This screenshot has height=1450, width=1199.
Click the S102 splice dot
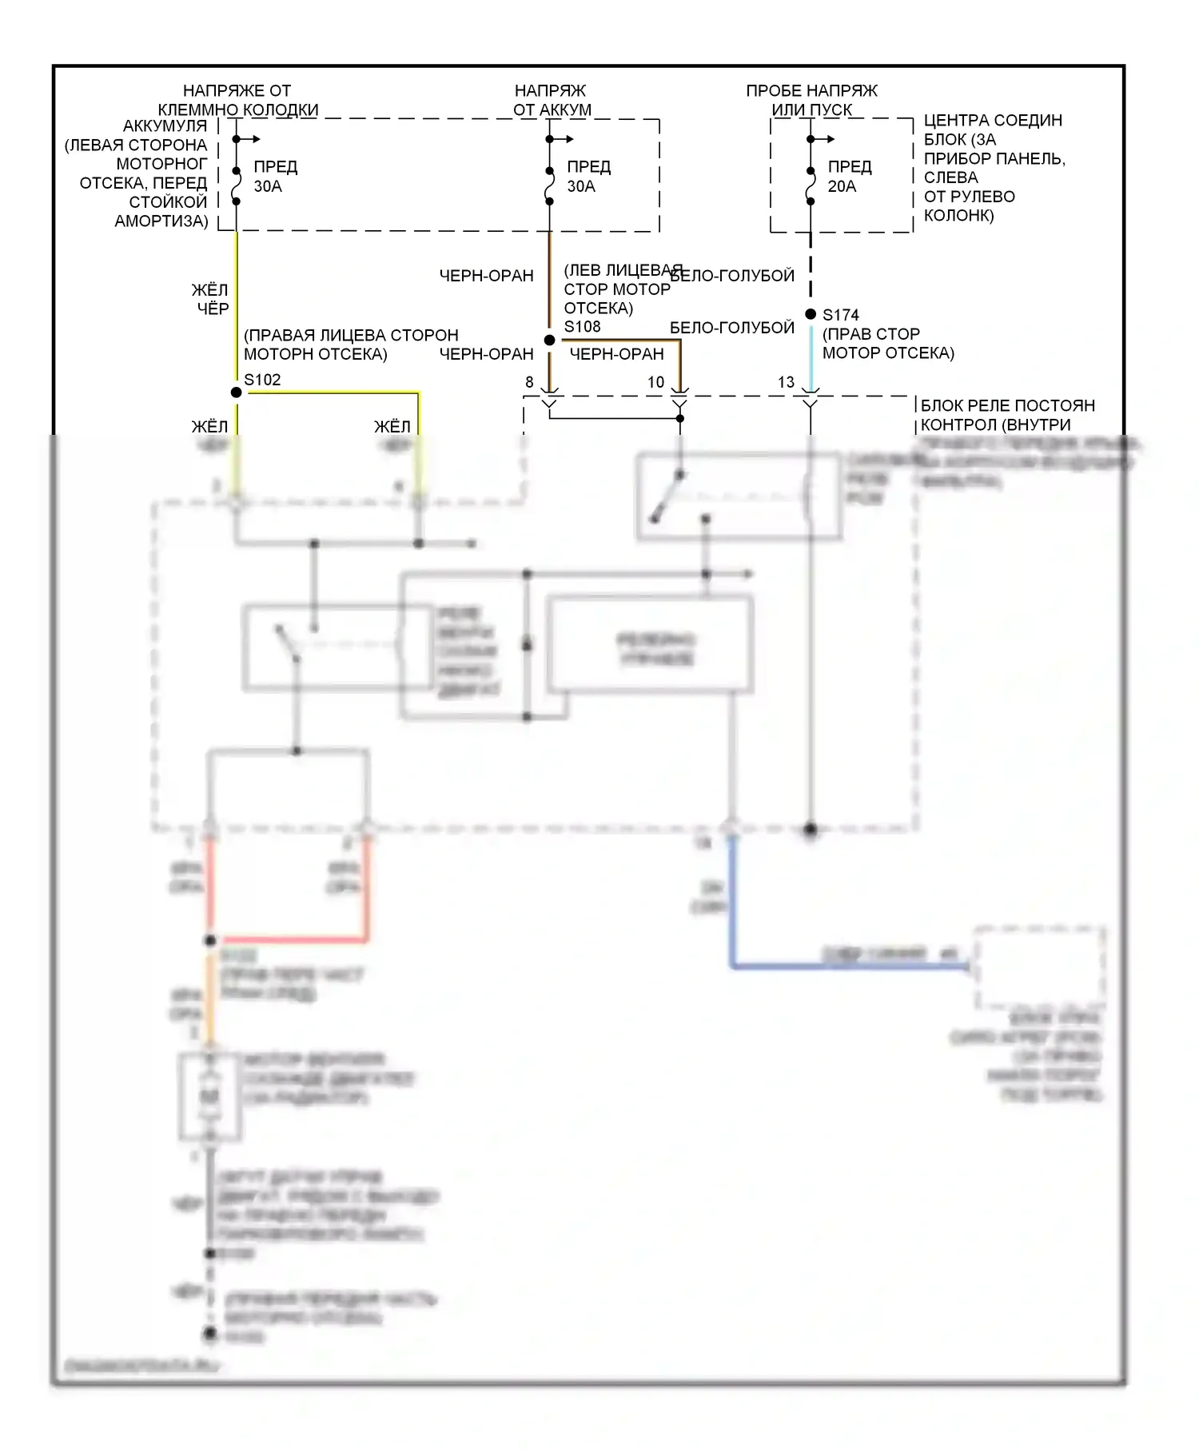236,392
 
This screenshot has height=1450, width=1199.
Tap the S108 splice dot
549,341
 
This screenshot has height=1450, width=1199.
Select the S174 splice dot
811,314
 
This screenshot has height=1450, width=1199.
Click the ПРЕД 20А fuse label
849,177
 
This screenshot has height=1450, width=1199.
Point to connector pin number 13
786,383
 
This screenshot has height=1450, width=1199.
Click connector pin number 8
529,383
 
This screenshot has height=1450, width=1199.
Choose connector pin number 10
655,383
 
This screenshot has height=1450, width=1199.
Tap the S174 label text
840,315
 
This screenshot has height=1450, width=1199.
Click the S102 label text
262,380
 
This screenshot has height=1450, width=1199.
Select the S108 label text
582,327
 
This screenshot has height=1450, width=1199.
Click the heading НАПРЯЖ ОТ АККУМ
552,100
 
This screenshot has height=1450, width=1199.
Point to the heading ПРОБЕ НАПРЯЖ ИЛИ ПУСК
811,100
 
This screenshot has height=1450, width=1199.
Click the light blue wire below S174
811,356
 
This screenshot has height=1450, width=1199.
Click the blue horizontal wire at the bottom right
847,967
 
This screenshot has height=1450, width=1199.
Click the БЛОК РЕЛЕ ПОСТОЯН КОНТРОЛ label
1007,415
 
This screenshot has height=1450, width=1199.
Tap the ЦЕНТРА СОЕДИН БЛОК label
994,167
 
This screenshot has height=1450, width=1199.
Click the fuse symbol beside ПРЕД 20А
811,185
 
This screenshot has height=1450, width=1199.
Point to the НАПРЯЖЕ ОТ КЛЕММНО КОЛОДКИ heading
237,100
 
